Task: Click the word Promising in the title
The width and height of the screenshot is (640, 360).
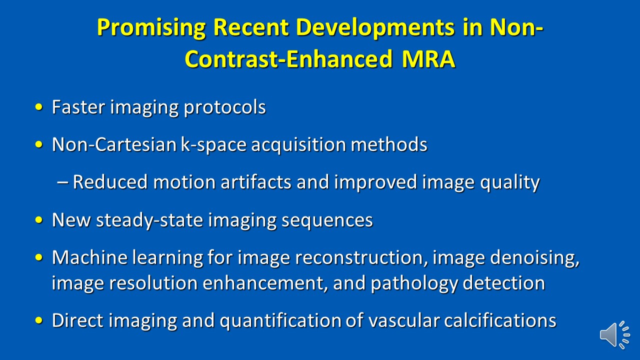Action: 151,28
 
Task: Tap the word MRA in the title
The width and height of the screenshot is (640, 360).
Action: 428,59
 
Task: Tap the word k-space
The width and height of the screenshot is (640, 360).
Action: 213,145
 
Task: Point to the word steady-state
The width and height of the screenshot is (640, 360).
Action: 149,220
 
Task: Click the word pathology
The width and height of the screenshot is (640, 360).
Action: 414,283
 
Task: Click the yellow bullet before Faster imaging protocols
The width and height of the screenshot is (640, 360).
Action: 39,107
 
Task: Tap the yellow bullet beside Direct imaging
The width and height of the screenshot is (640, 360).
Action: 39,320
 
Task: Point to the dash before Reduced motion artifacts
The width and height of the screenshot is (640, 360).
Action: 62,182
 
